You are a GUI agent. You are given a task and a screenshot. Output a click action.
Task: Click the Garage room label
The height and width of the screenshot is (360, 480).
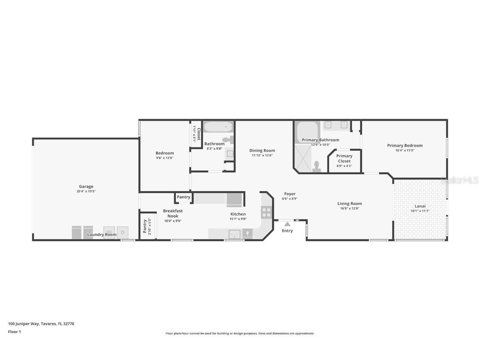[x=86, y=187]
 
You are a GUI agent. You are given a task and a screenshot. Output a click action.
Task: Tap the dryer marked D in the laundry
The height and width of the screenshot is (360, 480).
[x=122, y=232]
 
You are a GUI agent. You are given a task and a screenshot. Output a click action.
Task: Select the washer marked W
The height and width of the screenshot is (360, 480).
[x=109, y=232]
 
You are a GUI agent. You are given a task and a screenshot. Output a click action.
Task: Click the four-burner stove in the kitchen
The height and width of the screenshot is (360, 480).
[x=266, y=212]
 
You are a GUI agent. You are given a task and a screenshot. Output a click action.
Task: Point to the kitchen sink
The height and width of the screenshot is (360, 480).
[x=235, y=234]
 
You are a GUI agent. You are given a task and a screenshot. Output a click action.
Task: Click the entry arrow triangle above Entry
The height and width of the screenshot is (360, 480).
[x=287, y=224]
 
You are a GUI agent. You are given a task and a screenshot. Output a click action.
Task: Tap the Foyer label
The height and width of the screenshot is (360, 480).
[x=290, y=194]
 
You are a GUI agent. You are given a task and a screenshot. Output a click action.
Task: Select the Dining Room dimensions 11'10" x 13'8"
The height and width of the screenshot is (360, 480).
[x=262, y=155]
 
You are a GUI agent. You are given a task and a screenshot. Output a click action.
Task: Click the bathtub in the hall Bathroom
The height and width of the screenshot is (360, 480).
[x=218, y=126]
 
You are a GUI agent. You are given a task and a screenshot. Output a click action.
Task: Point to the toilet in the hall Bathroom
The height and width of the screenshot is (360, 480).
[x=228, y=140]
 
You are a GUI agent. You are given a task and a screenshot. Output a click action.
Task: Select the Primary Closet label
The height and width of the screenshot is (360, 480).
[x=344, y=158]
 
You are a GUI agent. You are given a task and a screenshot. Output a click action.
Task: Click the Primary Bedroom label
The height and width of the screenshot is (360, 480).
[x=405, y=145]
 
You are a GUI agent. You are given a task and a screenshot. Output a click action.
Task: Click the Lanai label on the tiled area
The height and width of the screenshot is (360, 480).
[x=420, y=206]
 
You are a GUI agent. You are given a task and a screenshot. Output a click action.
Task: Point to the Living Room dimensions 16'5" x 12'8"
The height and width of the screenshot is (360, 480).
[x=350, y=208]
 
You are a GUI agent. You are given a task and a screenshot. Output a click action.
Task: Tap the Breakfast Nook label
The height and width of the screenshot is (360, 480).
[x=172, y=213]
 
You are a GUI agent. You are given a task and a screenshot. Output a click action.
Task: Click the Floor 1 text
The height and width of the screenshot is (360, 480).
[x=14, y=332]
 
